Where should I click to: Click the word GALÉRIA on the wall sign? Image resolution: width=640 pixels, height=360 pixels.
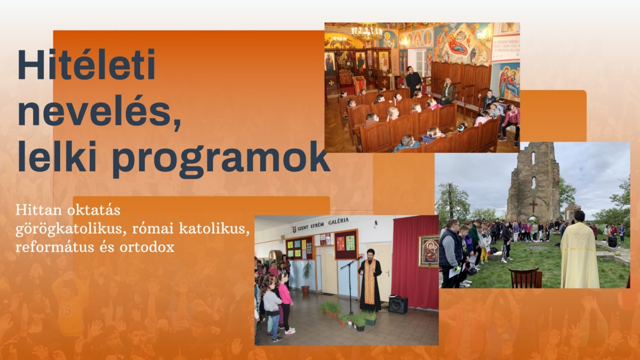[x=339, y=221]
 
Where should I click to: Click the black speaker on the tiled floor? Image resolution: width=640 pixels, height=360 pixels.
[x=398, y=305]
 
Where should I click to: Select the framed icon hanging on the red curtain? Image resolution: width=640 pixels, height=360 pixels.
[x=429, y=251]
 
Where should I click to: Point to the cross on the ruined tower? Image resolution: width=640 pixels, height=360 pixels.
[x=533, y=206]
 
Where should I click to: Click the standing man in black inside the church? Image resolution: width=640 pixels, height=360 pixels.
[x=413, y=82]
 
